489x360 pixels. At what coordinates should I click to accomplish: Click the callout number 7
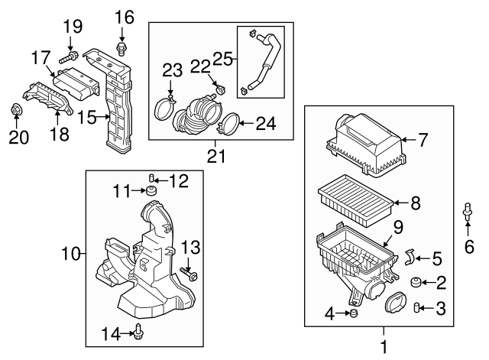pos(423,139)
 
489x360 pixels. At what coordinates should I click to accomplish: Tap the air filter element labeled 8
pos(355,200)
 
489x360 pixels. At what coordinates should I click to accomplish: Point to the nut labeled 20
pos(15,110)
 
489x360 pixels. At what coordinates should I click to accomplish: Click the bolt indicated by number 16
pos(121,48)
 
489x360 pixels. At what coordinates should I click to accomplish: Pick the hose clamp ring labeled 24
pos(228,125)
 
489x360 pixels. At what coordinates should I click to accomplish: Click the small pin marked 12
pos(151,178)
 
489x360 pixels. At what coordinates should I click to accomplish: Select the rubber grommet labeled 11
pos(151,190)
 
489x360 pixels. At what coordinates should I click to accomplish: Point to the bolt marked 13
pos(189,274)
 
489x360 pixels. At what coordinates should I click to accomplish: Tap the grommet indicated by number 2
pos(415,282)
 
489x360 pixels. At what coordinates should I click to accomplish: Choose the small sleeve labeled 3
pos(416,307)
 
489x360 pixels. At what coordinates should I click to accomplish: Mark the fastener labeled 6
pos(467,210)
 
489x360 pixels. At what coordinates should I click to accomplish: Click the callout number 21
pos(215,156)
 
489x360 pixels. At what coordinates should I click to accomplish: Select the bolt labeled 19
pos(68,57)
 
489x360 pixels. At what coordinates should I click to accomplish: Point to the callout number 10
pos(71,254)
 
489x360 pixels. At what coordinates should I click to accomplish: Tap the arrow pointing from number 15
pos(102,117)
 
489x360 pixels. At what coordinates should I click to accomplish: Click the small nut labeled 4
pos(354,313)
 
